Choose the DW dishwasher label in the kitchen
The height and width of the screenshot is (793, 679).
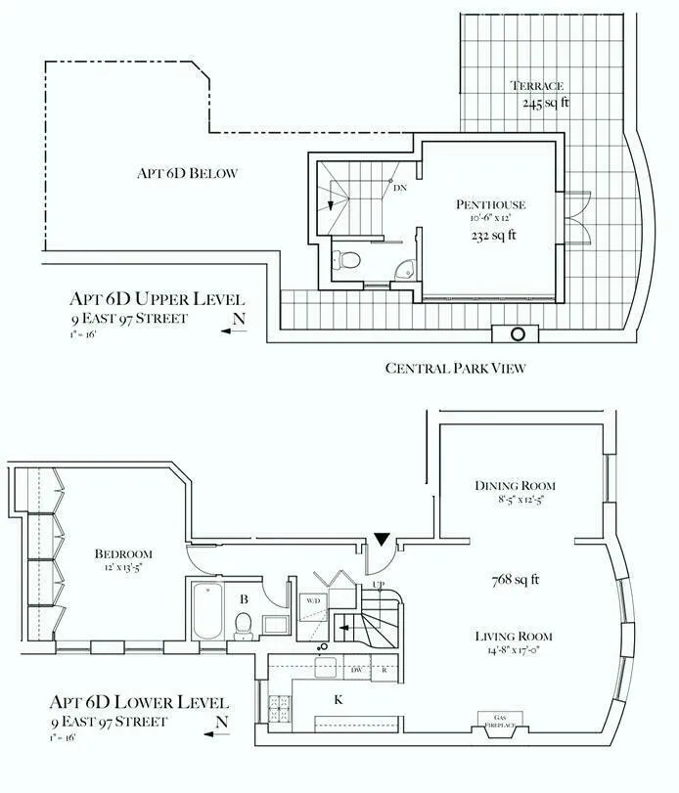[x=356, y=670]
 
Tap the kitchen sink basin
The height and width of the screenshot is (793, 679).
[x=325, y=668]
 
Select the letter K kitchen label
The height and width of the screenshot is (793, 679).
[x=339, y=700]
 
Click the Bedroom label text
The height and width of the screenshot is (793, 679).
[x=123, y=554]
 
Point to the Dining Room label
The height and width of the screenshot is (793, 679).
[x=515, y=486]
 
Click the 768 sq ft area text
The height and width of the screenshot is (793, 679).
[x=515, y=579]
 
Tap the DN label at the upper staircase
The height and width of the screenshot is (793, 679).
[x=400, y=188]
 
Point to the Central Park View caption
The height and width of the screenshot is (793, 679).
[x=457, y=369]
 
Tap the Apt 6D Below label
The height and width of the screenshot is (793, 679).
[x=187, y=174]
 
